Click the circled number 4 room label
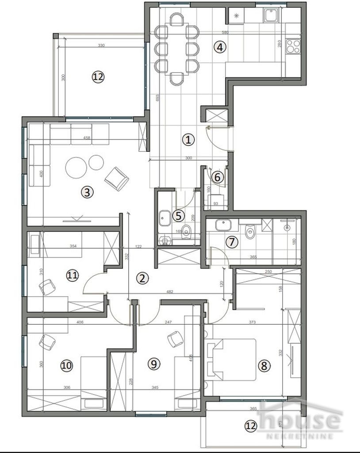click(220, 47)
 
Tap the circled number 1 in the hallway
click(188, 140)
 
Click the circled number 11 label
click(73, 275)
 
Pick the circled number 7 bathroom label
click(232, 242)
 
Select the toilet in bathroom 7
click(250, 230)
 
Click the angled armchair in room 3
click(117, 178)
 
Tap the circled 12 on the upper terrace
click(98, 77)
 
